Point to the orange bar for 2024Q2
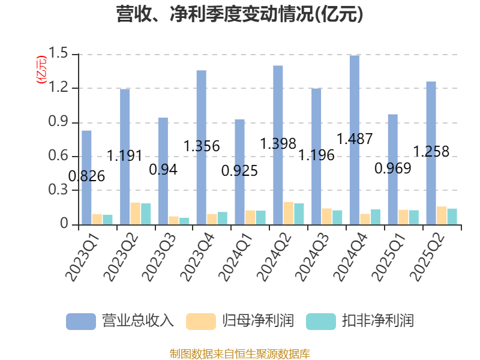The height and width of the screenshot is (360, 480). click(x=289, y=213)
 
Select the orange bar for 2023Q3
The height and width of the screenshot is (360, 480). click(x=174, y=220)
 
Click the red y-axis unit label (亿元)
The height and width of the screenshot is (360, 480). click(x=41, y=70)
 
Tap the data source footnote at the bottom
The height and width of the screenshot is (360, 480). click(x=240, y=353)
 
